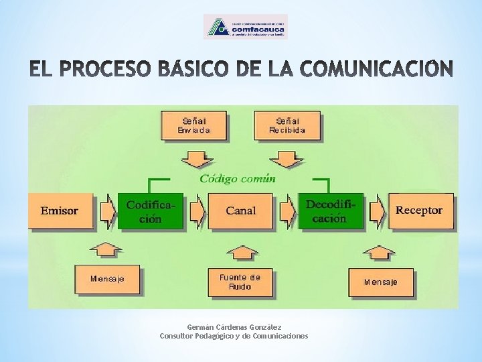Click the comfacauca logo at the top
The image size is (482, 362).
click(x=245, y=27)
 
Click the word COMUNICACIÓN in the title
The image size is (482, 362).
click(x=378, y=69)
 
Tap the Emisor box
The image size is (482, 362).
click(x=60, y=210)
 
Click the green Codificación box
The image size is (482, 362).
click(x=151, y=210)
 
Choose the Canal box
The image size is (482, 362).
click(x=240, y=210)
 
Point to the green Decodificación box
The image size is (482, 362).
click(x=330, y=210)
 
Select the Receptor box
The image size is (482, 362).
click(x=420, y=210)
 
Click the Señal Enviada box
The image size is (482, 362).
click(x=193, y=126)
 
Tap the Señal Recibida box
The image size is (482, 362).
click(x=287, y=126)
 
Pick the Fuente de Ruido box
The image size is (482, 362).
click(x=240, y=282)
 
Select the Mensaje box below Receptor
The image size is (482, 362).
click(x=380, y=282)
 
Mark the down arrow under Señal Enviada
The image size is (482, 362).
click(x=196, y=160)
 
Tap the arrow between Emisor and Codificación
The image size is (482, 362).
click(x=106, y=210)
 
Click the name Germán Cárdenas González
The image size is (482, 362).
click(x=234, y=327)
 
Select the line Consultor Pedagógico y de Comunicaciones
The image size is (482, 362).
click(x=234, y=336)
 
